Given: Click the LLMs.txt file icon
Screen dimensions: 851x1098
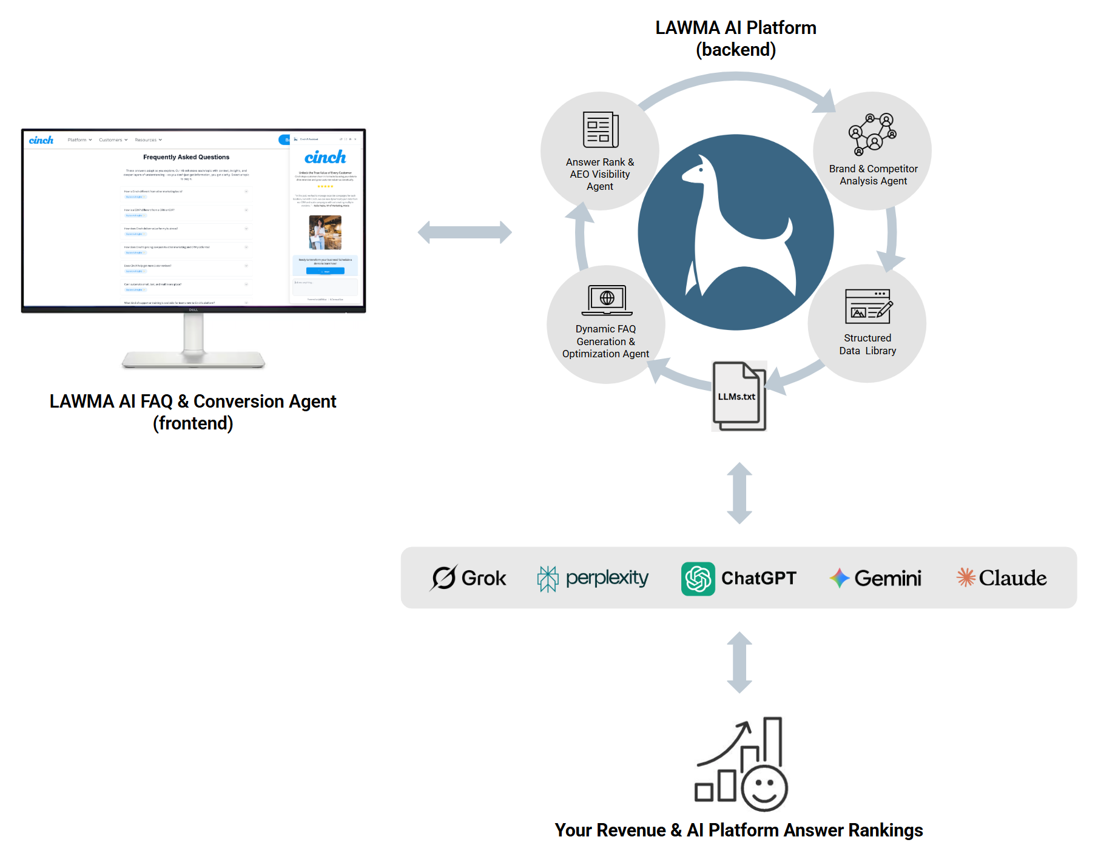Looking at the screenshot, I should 739,396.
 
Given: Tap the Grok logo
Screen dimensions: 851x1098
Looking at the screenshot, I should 444,578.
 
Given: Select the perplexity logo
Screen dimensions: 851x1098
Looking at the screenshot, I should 547,579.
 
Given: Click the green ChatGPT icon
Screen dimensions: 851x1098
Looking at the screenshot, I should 698,579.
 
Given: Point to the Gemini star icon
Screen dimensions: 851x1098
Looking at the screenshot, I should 840,578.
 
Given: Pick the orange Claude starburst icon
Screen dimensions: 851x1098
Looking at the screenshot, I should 966,577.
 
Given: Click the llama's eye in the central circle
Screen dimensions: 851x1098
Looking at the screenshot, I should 701,169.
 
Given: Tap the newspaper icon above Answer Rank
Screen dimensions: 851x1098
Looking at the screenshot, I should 600,130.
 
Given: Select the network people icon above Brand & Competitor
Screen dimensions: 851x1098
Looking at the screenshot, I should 872,134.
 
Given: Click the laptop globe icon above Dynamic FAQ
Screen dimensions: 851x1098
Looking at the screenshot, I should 607,300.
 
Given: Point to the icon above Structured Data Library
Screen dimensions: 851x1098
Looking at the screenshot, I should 868,307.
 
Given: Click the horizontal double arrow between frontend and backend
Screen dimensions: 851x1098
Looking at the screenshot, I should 465,232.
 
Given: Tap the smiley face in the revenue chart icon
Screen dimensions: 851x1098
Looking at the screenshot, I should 764,787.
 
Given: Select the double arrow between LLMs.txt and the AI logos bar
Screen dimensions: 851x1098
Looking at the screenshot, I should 739,493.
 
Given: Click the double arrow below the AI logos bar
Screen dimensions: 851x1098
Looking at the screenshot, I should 739,662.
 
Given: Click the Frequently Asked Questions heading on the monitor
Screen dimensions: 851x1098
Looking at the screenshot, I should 186,157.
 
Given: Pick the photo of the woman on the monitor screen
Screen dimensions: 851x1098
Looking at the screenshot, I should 325,232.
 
